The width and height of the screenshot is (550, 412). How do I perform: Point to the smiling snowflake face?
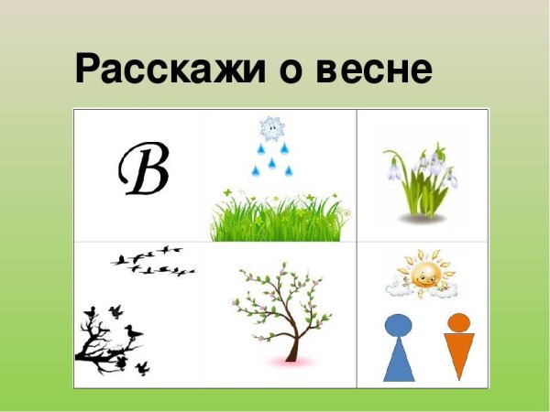pyautogui.click(x=271, y=129)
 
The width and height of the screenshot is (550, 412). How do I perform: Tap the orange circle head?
pyautogui.click(x=458, y=322)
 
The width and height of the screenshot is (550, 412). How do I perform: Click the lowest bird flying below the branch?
pyautogui.click(x=143, y=368)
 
